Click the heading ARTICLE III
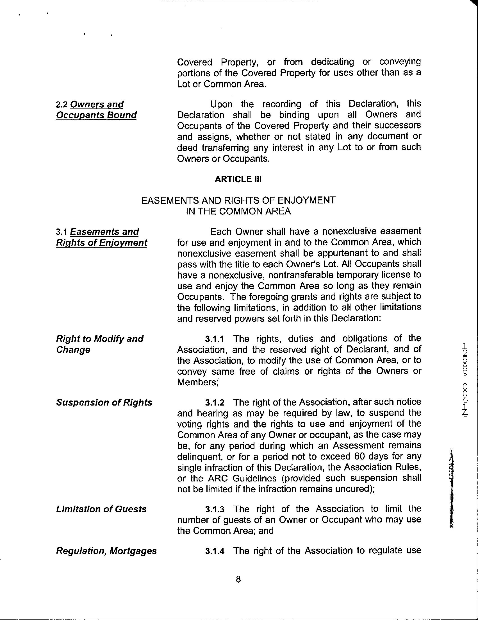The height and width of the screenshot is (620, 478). [x=238, y=179]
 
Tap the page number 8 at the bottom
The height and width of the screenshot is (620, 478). [x=238, y=579]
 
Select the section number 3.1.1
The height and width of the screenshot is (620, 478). [x=215, y=339]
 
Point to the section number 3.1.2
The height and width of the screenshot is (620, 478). [x=215, y=402]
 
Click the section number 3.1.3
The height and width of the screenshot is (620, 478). [x=215, y=509]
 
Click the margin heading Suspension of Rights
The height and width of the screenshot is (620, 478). [x=104, y=402]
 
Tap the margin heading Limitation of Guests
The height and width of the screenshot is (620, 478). [x=101, y=509]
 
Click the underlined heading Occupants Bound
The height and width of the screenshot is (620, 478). [x=96, y=115]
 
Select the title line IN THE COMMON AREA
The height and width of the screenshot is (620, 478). [x=238, y=212]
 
